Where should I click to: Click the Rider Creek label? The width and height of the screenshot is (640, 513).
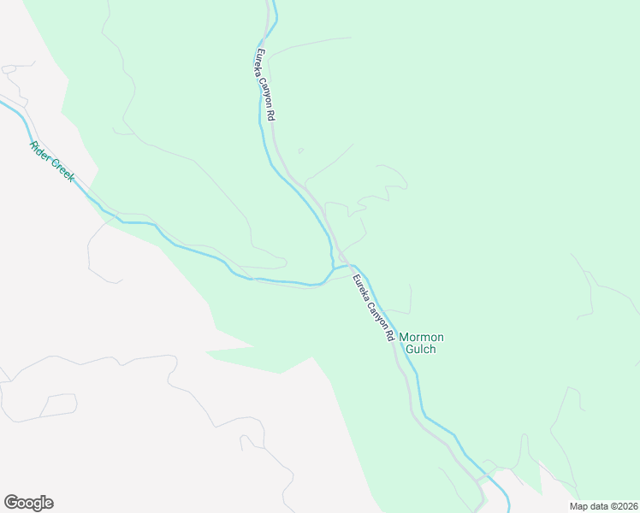(52, 159)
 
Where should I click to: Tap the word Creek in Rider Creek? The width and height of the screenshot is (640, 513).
(62, 168)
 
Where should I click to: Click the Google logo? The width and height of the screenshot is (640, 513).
(28, 503)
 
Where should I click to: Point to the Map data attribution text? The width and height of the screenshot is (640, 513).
(603, 506)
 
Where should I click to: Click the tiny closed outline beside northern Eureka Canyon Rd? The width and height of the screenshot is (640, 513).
(299, 151)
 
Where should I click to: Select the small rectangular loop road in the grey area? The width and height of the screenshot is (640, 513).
(58, 406)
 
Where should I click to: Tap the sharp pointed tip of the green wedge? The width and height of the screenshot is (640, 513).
(206, 351)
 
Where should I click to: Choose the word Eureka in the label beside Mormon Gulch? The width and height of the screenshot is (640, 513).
(360, 281)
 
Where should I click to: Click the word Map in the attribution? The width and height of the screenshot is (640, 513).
(579, 506)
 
